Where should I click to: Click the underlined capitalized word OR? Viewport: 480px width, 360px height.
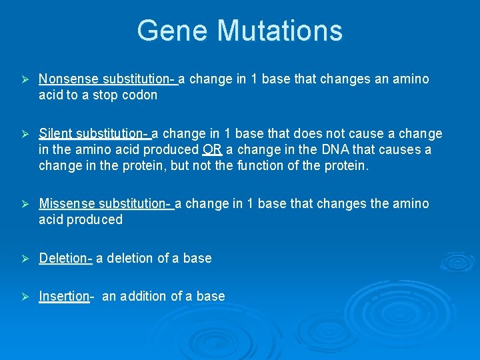[213, 149]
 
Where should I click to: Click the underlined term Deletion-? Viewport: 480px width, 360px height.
[65, 258]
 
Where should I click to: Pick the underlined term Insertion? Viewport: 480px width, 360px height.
[64, 296]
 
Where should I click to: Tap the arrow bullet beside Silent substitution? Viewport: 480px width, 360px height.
[25, 135]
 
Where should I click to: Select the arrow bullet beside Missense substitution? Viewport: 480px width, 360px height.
[25, 204]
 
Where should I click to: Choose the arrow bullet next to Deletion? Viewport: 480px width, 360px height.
[25, 259]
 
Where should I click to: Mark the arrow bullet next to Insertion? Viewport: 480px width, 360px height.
[25, 297]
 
